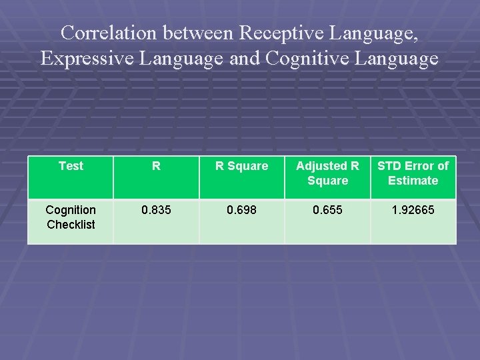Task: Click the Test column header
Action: [x=71, y=166]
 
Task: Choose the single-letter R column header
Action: [x=156, y=166]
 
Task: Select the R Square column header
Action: [x=241, y=166]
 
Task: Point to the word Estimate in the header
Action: [x=413, y=181]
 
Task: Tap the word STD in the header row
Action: [x=391, y=166]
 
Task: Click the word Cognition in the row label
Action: [x=71, y=210]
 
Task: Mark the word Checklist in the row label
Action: [x=71, y=225]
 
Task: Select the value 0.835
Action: [x=156, y=210]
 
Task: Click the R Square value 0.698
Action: [x=241, y=210]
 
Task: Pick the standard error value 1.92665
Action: [x=413, y=210]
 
